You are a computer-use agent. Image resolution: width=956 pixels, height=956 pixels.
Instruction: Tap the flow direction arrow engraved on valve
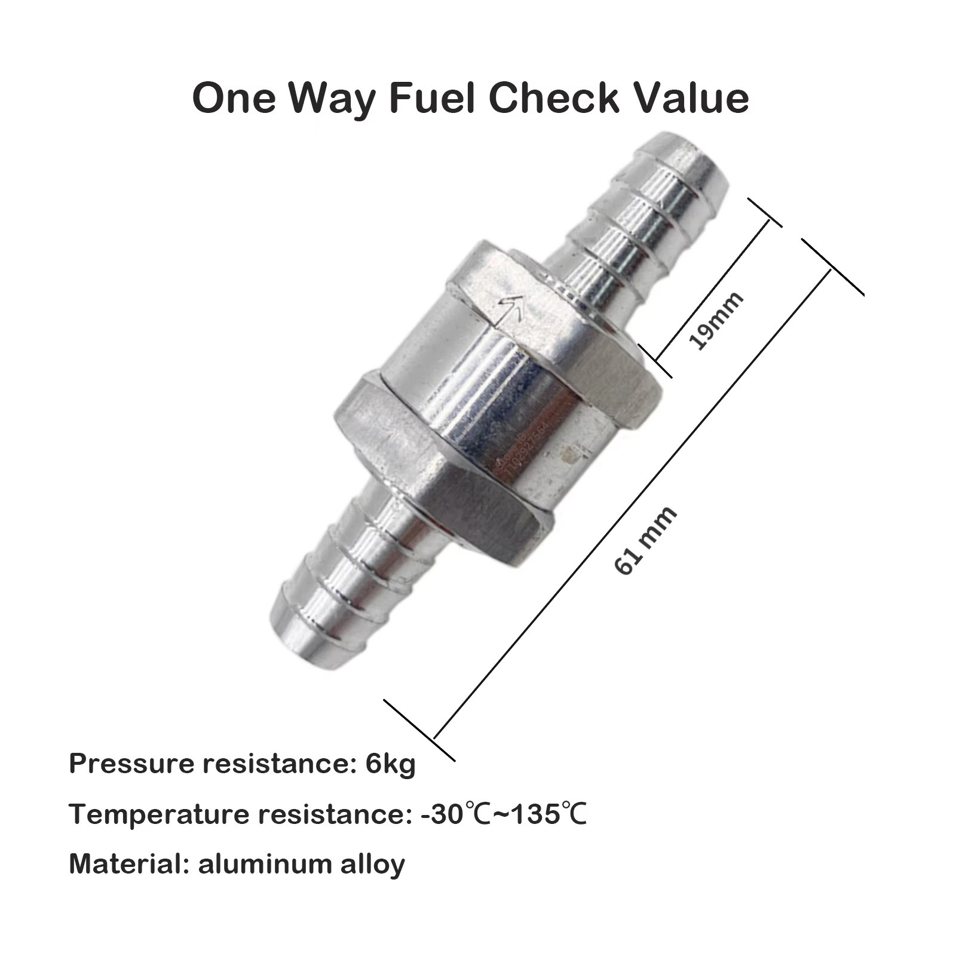(x=513, y=308)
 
